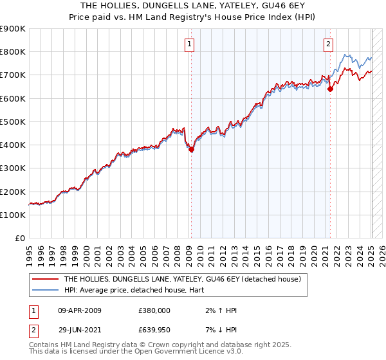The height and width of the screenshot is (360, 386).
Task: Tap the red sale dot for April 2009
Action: (191, 150)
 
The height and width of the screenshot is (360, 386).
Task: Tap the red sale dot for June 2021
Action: (330, 89)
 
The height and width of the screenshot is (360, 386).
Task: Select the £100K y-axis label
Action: (13, 215)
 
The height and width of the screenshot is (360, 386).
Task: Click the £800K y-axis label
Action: (13, 51)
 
